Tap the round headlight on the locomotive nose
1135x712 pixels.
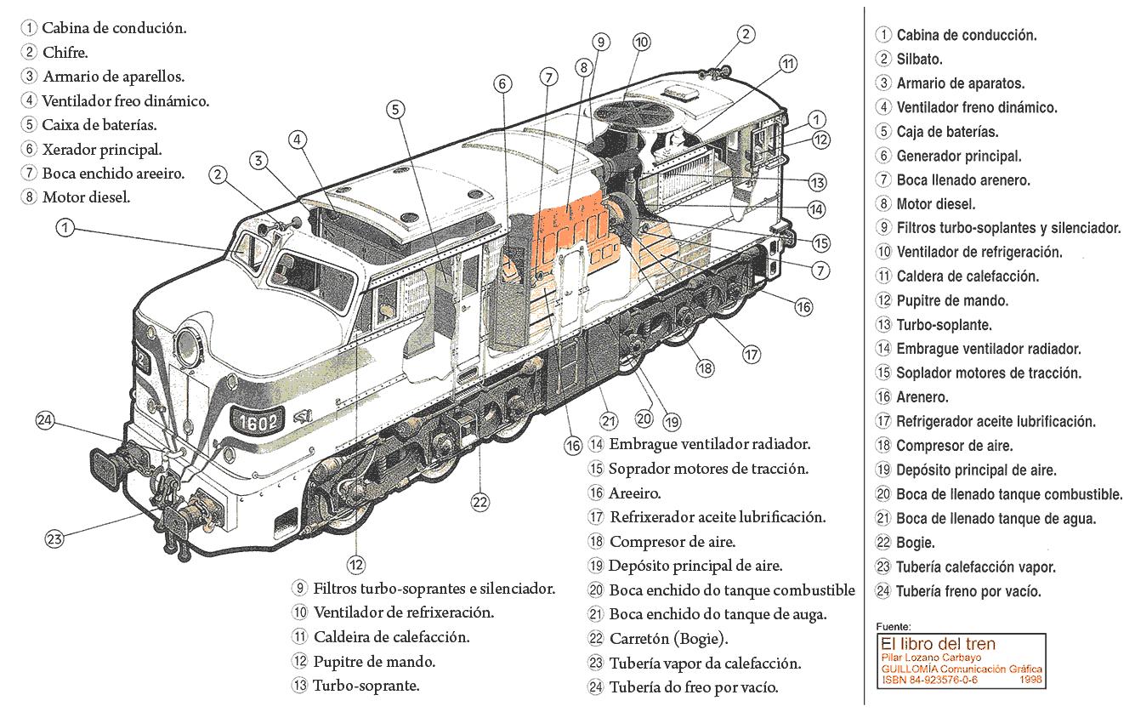pos(186,344)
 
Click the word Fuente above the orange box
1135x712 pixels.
pos(893,626)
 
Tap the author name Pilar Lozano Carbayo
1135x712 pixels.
pos(930,657)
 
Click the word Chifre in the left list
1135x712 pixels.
pos(65,52)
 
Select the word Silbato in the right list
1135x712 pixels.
pos(919,60)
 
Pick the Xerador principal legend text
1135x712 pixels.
pos(102,150)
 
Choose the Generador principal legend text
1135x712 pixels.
pos(959,156)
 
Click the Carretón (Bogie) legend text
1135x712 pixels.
pos(668,639)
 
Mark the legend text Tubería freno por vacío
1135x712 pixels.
pos(968,591)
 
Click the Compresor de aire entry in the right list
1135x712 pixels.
pos(954,446)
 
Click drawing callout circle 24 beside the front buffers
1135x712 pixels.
pos(44,419)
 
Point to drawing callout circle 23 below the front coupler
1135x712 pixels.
pos(54,538)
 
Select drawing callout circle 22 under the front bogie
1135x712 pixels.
pos(480,502)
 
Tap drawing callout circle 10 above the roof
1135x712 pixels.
pos(641,42)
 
